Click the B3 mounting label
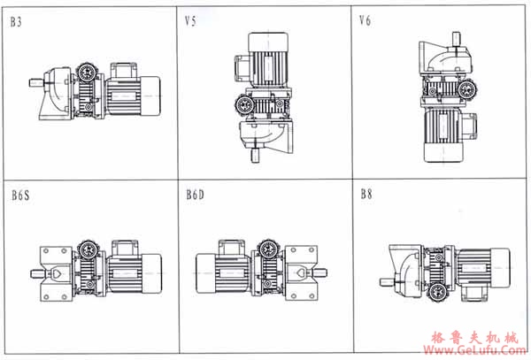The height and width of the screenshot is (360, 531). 16,22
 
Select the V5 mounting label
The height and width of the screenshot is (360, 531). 190,21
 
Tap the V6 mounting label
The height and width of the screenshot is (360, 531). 365,20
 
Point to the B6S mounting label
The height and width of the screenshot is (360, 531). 20,195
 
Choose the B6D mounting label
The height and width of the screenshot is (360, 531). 196,195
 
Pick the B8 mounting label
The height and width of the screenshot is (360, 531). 366,194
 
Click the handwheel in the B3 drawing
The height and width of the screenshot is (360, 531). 87,72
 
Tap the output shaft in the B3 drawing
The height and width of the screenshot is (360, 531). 36,82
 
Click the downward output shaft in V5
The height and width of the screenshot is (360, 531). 256,156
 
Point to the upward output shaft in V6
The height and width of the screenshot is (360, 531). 456,38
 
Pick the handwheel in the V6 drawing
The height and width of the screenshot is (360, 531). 468,89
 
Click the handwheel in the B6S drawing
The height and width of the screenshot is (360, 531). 88,250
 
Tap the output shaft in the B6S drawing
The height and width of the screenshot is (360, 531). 36,273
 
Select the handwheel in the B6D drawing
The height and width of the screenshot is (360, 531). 268,249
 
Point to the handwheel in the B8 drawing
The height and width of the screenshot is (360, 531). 437,292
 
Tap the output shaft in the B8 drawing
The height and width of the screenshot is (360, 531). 387,282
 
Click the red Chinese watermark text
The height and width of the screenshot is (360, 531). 474,338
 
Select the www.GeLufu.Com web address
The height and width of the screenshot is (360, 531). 475,349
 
